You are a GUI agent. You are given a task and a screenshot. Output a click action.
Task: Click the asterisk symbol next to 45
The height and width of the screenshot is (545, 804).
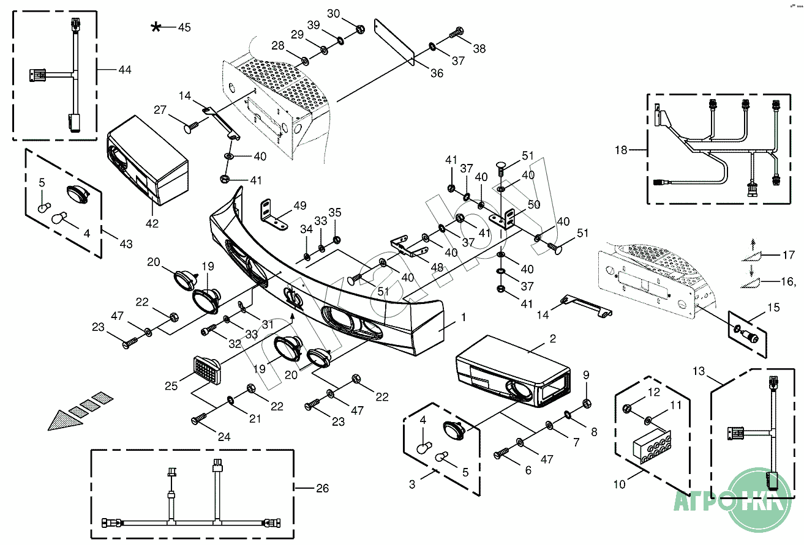tap(157, 28)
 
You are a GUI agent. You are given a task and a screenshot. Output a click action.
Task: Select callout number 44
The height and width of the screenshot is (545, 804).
tap(125, 70)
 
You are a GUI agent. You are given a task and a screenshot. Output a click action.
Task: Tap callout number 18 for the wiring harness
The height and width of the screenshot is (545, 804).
tap(622, 150)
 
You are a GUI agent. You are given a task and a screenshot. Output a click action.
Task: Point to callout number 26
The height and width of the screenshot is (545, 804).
tap(322, 488)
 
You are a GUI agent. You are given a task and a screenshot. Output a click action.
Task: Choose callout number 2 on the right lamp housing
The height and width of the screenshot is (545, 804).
tap(552, 338)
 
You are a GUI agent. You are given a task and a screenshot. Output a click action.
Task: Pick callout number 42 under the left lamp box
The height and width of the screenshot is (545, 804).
tap(152, 223)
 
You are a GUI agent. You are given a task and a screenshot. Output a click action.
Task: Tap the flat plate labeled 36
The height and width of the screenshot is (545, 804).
tap(395, 42)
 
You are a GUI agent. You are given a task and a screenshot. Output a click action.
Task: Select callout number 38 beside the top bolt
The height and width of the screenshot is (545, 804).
tap(479, 48)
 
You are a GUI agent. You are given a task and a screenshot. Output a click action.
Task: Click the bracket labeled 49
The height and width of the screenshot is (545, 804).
tap(274, 215)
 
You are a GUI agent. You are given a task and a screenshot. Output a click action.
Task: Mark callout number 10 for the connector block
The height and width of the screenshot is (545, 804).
tap(619, 484)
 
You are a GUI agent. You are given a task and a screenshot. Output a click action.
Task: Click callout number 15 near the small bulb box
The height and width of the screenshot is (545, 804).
tap(774, 307)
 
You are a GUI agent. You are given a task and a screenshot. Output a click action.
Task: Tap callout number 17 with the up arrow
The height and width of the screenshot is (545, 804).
tap(789, 255)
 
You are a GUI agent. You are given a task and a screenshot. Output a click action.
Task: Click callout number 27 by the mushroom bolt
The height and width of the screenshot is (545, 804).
tap(160, 110)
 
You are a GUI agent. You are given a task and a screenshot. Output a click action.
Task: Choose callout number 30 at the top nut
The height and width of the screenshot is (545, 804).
tap(333, 13)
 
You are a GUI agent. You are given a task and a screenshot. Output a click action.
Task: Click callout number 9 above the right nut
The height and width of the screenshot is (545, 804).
tap(585, 374)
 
